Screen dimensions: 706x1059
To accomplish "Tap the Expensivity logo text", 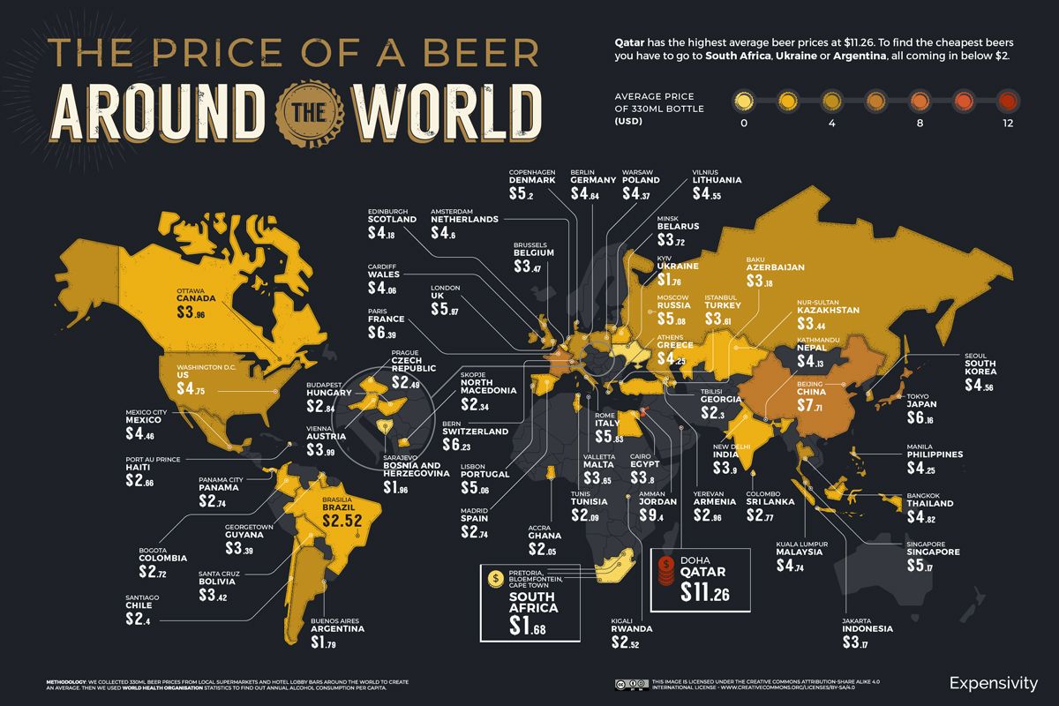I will pyautogui.click(x=994, y=682).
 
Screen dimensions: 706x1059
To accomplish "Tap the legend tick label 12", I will pyautogui.click(x=1007, y=123).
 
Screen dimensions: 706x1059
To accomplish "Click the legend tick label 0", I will pyautogui.click(x=744, y=123).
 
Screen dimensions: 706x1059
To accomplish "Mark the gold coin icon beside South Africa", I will pyautogui.click(x=494, y=578).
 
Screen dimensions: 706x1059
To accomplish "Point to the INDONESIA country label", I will pyautogui.click(x=867, y=629).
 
